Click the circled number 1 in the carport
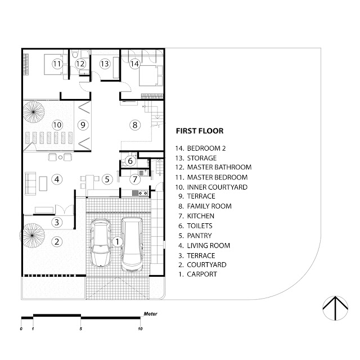(x=117, y=241)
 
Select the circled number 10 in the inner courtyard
(x=56, y=124)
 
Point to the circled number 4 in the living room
(x=56, y=179)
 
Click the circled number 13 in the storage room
(x=104, y=64)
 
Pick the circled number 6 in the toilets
(x=130, y=161)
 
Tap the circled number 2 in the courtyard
(x=56, y=242)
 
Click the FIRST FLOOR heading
(x=200, y=131)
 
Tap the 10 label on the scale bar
(x=140, y=328)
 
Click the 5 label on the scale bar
(x=81, y=328)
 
